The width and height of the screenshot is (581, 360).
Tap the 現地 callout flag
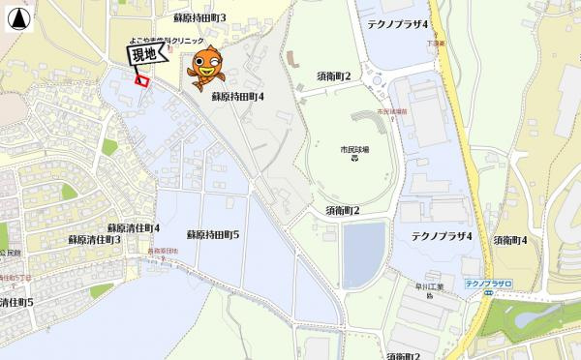pos(143,56)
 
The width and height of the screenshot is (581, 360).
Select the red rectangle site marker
pos(142,81)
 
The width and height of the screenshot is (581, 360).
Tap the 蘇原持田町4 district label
pos(238,97)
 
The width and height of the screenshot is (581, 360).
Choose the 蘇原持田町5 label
pos(213,235)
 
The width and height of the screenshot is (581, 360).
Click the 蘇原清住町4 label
pos(134,227)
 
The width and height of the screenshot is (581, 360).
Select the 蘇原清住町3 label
pos(94,238)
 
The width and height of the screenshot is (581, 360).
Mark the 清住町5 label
pos(15,303)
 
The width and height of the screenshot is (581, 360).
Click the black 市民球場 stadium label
pos(354,149)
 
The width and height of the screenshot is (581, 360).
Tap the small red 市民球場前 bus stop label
pos(391,112)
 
